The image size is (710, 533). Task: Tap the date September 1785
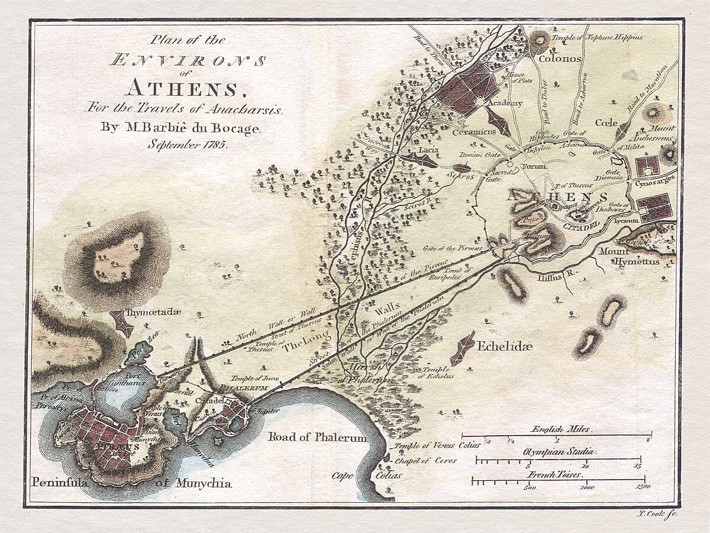[188, 143]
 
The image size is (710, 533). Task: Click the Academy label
[504, 103]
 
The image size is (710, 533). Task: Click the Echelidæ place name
[505, 346]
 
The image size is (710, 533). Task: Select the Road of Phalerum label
[317, 438]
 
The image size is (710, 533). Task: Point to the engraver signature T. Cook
[656, 514]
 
